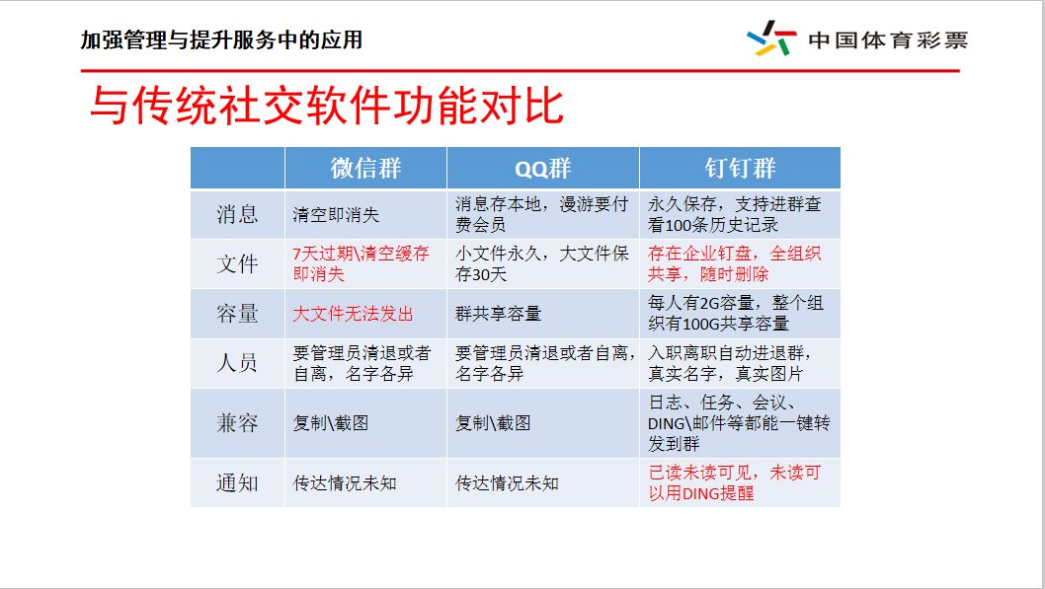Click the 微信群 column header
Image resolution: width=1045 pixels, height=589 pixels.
click(x=365, y=168)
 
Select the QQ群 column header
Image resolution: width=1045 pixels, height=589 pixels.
click(x=542, y=169)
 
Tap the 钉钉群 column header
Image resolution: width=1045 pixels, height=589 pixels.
click(x=740, y=168)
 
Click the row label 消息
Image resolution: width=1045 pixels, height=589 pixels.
click(x=237, y=214)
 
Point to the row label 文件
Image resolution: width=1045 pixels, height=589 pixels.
click(x=237, y=264)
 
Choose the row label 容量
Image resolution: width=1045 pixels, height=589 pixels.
click(x=237, y=314)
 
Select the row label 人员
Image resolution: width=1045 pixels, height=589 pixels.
click(x=237, y=363)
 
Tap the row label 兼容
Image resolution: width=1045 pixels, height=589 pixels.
click(x=237, y=423)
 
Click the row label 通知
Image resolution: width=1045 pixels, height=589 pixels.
click(x=237, y=483)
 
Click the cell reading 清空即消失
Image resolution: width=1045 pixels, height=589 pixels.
click(x=336, y=214)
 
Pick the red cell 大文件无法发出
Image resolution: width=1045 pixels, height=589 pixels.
click(x=353, y=314)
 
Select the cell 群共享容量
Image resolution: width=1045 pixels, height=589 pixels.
click(x=498, y=314)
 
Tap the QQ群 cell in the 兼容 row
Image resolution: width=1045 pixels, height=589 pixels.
click(x=493, y=423)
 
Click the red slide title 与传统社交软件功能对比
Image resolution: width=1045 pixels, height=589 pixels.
click(x=326, y=107)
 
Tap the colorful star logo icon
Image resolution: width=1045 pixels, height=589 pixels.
click(x=771, y=39)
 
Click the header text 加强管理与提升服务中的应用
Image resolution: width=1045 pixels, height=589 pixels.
click(x=221, y=40)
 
